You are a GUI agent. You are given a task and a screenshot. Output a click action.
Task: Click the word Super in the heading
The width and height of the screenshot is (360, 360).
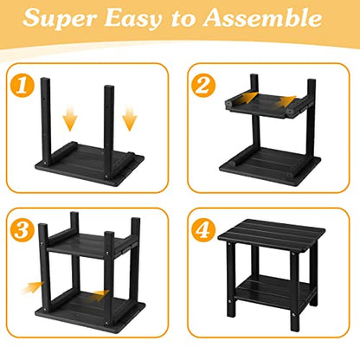[60, 17]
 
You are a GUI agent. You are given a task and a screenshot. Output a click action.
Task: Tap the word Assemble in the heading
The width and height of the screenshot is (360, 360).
[263, 17]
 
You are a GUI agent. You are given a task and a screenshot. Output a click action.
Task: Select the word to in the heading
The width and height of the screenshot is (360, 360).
[183, 18]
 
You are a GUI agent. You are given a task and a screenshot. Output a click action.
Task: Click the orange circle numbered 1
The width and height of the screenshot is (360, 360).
[22, 85]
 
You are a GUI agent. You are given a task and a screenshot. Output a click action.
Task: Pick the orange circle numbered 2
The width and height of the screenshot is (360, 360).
[203, 85]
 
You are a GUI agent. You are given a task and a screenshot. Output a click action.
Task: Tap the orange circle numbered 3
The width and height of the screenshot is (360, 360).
[22, 230]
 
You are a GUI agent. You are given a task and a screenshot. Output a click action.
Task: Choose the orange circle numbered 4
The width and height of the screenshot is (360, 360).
[203, 230]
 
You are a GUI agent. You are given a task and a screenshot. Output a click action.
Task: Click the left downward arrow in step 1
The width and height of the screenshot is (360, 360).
[70, 119]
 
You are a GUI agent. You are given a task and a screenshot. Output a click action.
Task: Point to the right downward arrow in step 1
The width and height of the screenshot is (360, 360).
[130, 119]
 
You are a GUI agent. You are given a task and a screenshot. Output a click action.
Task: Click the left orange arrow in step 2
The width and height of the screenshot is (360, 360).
[248, 98]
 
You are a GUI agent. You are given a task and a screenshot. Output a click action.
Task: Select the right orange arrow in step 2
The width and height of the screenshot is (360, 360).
[286, 102]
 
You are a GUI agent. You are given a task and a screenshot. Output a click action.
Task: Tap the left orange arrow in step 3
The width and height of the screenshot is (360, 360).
[32, 287]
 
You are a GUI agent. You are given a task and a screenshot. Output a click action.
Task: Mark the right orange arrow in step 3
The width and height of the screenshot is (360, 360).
[100, 295]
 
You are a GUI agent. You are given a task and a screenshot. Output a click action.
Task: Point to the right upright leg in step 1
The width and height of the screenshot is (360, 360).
[109, 132]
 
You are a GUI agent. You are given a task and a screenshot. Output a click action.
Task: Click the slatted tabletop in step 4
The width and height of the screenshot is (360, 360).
[272, 234]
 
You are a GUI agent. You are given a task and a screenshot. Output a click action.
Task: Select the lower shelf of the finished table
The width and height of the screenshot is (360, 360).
[275, 291]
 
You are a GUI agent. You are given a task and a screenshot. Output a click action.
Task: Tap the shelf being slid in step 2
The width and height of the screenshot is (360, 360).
[266, 106]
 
